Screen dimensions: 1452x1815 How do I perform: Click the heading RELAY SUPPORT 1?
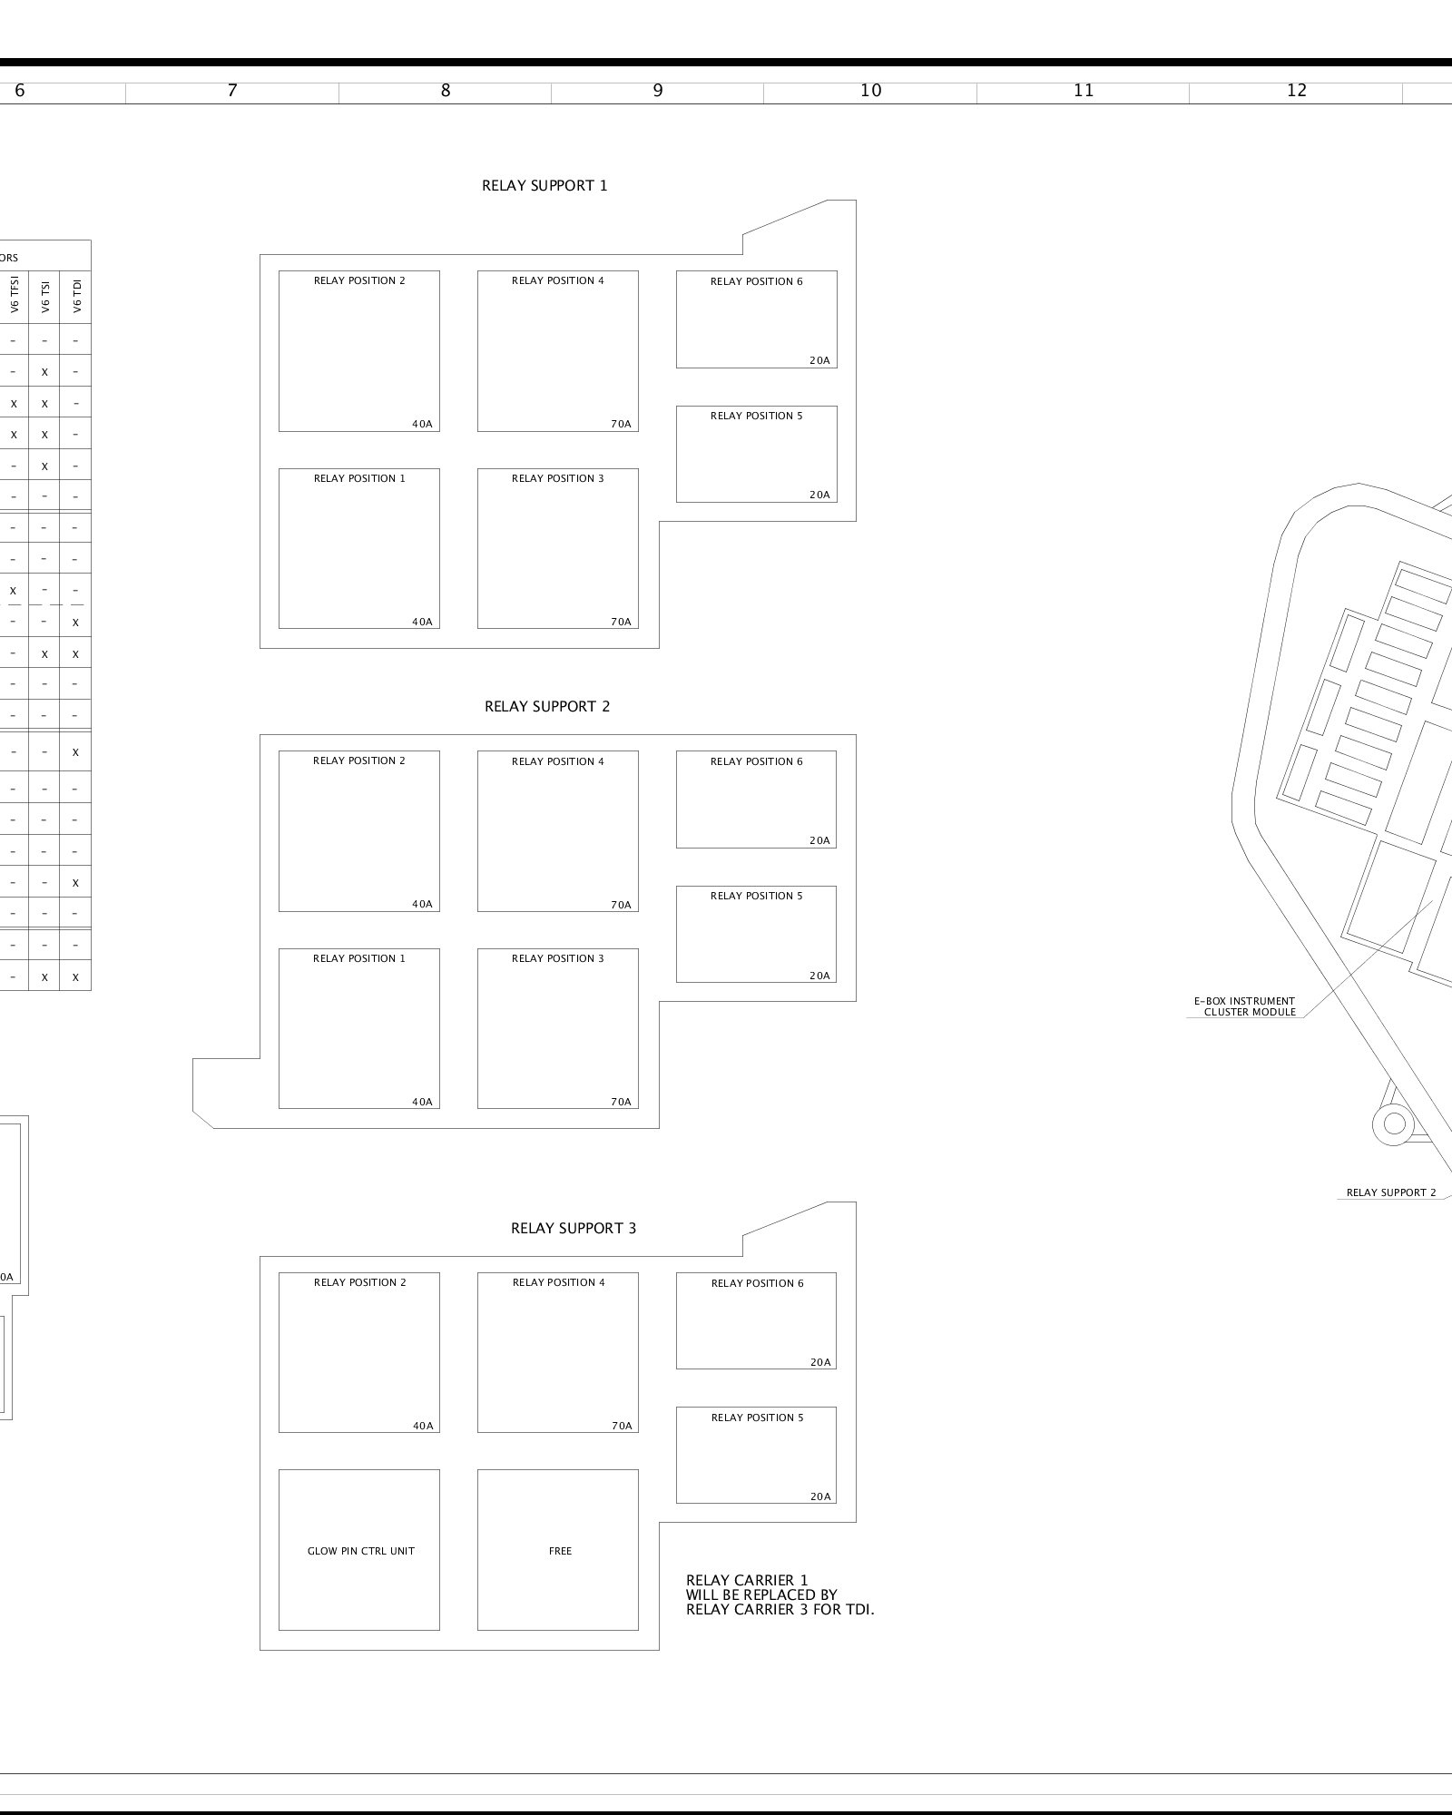click(544, 186)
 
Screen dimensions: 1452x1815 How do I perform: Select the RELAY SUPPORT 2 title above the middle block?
click(547, 707)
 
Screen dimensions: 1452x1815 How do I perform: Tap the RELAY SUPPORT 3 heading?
click(574, 1229)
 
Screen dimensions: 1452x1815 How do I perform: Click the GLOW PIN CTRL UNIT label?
click(360, 1551)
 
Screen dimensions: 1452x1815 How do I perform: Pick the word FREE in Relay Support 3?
click(560, 1551)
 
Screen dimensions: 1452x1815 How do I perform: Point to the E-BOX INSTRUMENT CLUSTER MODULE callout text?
click(1244, 1006)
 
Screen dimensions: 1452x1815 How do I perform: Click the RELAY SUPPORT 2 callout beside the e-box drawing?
click(1391, 1192)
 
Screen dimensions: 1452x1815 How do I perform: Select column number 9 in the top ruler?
click(658, 91)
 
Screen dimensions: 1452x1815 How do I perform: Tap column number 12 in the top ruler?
click(1297, 91)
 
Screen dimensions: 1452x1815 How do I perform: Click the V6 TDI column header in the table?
click(76, 296)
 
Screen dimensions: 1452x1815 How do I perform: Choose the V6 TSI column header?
click(44, 296)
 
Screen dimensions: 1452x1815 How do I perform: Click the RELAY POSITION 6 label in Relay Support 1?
click(756, 281)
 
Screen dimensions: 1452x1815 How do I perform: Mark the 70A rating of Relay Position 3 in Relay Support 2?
click(621, 1103)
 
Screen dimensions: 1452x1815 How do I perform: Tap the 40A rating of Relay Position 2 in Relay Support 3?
click(423, 1426)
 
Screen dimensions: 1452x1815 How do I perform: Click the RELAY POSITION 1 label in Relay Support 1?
click(359, 478)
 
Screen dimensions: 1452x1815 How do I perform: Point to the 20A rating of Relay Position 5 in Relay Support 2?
click(819, 976)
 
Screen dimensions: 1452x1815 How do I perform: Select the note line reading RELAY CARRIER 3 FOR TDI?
click(780, 1611)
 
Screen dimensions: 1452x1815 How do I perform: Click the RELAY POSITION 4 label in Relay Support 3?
click(558, 1282)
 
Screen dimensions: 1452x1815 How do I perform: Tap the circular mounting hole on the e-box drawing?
click(1394, 1123)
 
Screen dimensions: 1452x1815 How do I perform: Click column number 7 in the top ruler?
click(232, 91)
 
